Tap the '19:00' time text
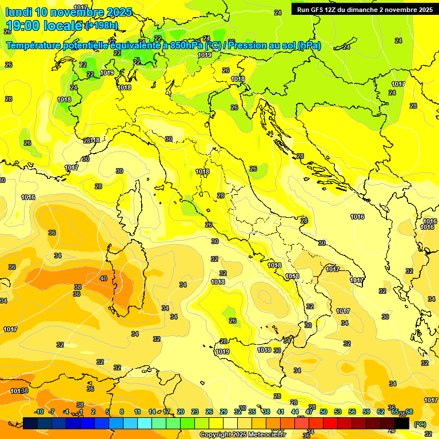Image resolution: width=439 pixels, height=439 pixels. click(x=23, y=26)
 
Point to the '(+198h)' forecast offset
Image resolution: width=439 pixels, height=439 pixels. click(x=102, y=26)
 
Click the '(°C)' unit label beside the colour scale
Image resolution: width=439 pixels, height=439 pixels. click(x=420, y=424)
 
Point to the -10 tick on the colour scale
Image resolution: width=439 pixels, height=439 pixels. click(x=39, y=412)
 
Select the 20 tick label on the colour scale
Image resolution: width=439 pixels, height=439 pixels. click(x=181, y=412)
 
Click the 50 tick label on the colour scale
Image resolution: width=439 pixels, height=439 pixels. click(x=324, y=412)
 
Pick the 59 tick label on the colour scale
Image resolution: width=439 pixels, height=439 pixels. click(x=366, y=412)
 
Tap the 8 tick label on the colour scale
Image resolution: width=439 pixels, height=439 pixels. click(x=122, y=412)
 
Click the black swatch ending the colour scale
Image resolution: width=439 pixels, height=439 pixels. click(x=402, y=424)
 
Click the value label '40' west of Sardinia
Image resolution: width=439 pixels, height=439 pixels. click(x=103, y=278)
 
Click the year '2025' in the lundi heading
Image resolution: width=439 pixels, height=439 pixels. click(x=119, y=12)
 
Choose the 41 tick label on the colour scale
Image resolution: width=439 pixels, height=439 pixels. click(x=281, y=412)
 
